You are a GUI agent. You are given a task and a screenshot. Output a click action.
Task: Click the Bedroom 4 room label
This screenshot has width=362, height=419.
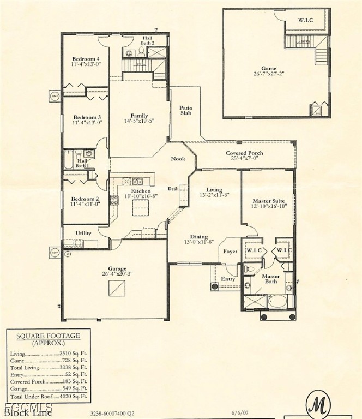click(86, 59)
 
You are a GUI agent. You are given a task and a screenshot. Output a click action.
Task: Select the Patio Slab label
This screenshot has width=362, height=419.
click(186, 111)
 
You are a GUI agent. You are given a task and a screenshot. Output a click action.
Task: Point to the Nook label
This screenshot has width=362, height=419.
click(178, 159)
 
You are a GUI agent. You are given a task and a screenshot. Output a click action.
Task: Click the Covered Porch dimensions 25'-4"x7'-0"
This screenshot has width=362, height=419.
click(244, 159)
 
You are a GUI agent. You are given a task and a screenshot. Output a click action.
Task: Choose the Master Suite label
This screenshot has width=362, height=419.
click(269, 201)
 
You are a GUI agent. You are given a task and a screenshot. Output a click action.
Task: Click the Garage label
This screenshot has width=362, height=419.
click(117, 268)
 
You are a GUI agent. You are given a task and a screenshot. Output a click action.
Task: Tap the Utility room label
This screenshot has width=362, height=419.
click(83, 233)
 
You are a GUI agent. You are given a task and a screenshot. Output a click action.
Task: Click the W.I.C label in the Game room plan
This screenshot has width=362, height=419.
click(305, 20)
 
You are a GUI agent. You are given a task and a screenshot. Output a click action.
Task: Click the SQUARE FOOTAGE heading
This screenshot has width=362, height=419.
click(48, 336)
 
